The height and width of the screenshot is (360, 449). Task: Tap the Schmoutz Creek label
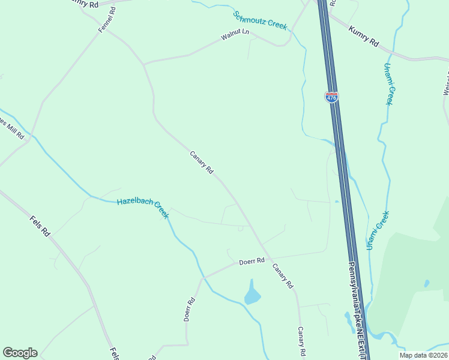(x=261, y=20)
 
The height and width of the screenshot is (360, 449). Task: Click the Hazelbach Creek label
(x=143, y=208)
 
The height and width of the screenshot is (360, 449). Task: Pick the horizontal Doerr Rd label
(x=252, y=261)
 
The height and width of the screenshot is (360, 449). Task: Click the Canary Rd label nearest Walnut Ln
(x=202, y=161)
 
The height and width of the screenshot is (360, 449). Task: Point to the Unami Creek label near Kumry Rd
(x=388, y=83)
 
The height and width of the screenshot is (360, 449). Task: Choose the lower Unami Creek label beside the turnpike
(x=378, y=230)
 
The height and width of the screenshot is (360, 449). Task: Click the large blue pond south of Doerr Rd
(x=253, y=295)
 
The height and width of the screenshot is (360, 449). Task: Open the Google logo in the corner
(x=20, y=353)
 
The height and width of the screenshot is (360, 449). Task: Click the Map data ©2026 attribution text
(x=423, y=355)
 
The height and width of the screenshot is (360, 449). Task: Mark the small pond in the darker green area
(x=426, y=283)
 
